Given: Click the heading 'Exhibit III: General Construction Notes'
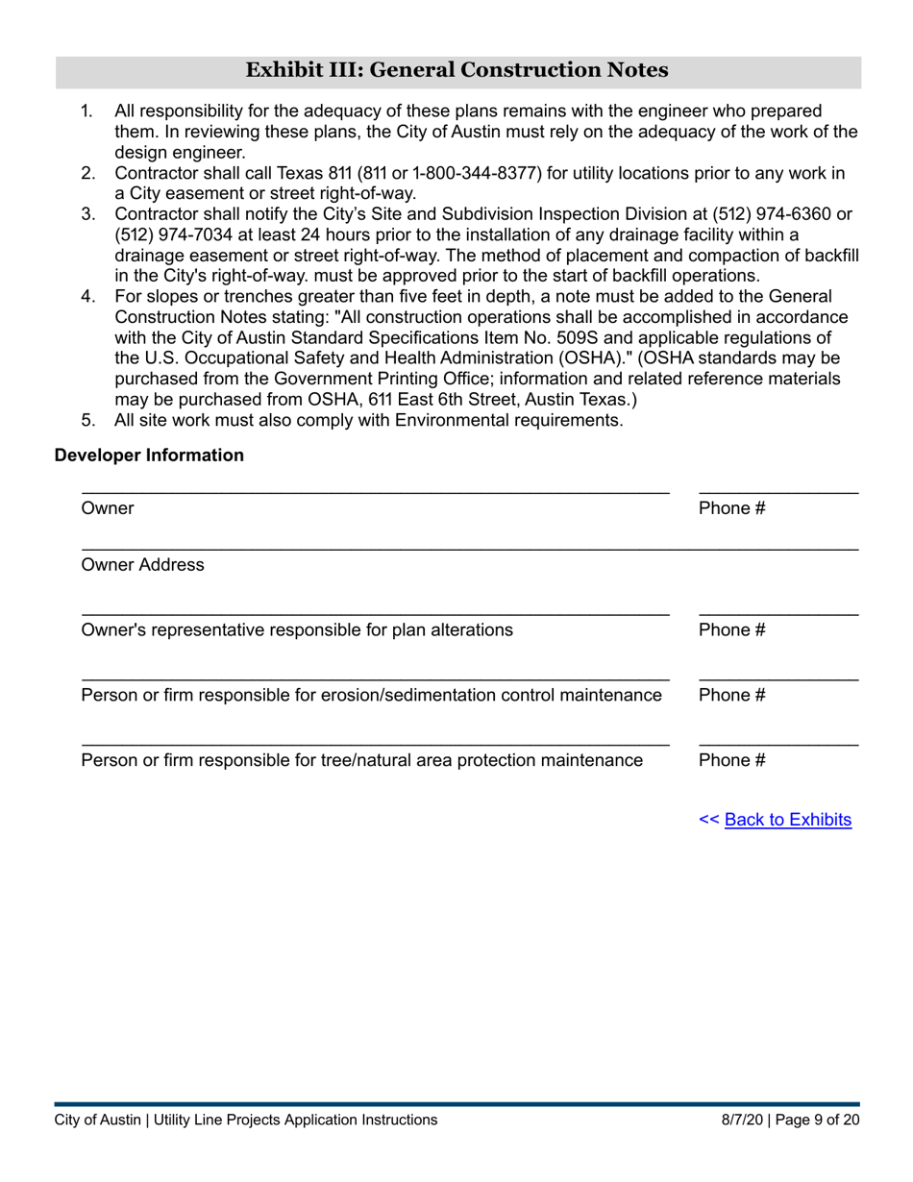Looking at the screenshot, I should pos(457,70).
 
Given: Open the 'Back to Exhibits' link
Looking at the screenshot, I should pos(787,820).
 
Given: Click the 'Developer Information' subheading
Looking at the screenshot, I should pos(149,456).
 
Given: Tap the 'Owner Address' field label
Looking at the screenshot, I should pos(142,565).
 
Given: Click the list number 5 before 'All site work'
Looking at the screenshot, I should pos(87,420).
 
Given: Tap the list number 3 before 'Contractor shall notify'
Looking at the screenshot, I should pos(87,213).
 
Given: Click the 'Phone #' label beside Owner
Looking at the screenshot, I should pos(731,508).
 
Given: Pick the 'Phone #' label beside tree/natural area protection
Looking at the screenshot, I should pos(731,760).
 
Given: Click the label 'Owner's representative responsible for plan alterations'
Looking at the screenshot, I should pos(297,630).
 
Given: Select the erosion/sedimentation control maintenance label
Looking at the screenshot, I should pos(371,695).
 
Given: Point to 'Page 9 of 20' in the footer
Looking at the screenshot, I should pos(818,1120).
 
